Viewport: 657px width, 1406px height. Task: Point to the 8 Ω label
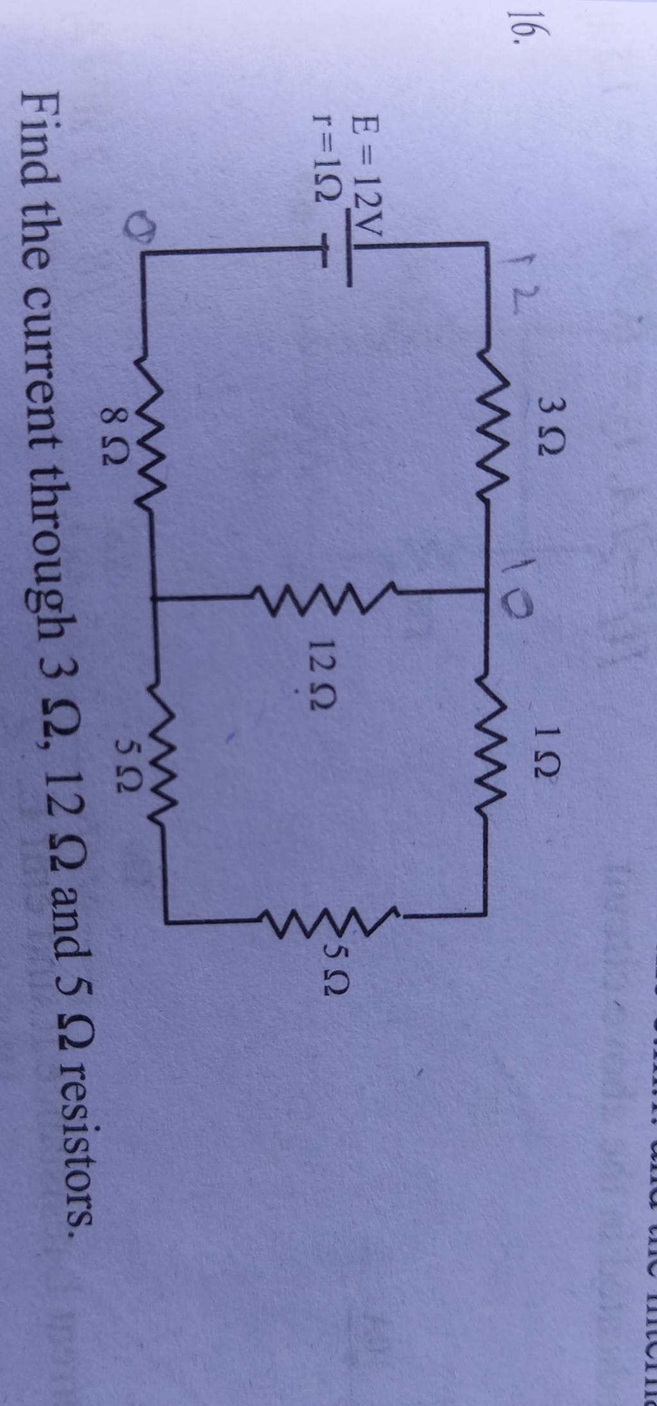coord(114,443)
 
